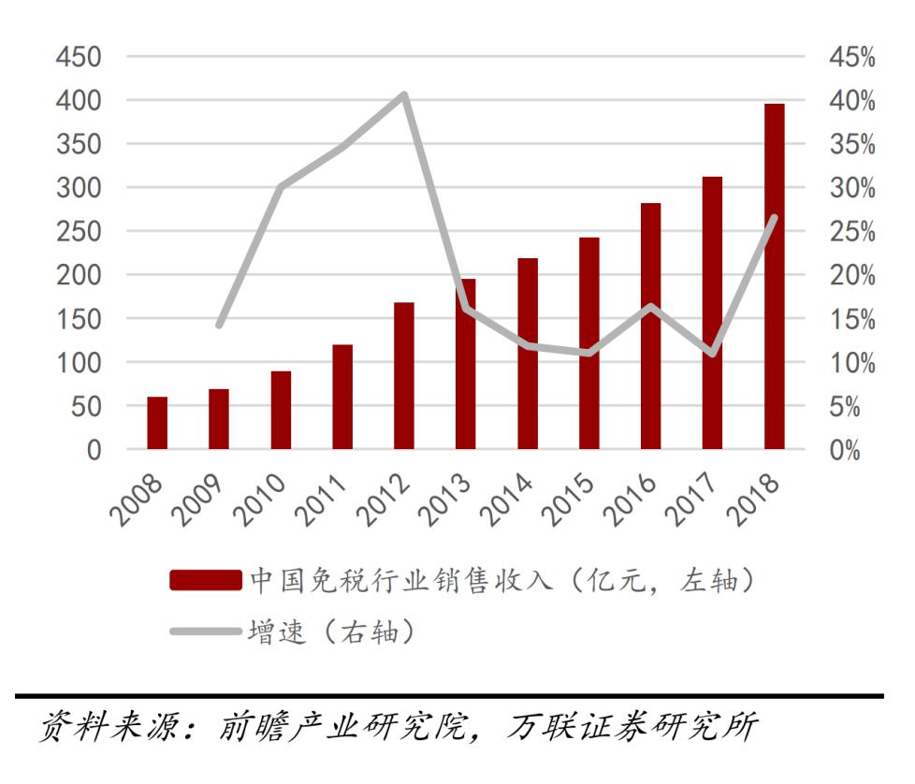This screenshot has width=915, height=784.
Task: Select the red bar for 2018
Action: coord(774,277)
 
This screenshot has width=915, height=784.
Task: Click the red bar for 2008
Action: coord(157,423)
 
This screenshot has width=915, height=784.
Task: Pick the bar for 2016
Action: coord(650,327)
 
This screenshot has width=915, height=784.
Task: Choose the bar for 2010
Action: coord(281,410)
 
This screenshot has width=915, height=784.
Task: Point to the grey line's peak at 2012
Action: coord(404,94)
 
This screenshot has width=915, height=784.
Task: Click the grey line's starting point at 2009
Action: coord(219,325)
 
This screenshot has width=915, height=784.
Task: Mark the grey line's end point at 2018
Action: coord(774,218)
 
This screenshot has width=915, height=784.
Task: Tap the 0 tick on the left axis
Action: coord(93,450)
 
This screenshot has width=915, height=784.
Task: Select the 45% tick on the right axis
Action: coord(851,57)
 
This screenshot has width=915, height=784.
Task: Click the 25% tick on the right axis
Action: coord(851,232)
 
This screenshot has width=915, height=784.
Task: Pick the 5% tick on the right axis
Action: coord(856,406)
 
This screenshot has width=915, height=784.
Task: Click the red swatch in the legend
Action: coord(205,582)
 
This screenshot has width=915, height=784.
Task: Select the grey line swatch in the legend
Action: coord(205,632)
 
